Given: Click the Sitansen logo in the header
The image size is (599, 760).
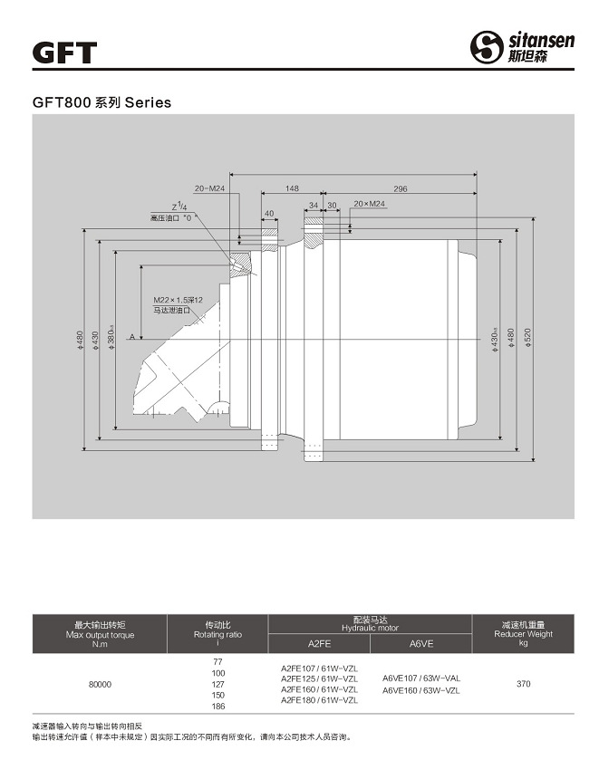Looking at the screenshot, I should (x=521, y=46).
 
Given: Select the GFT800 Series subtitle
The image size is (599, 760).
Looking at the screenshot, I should (x=101, y=102).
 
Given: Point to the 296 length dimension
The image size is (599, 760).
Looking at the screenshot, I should (x=400, y=188).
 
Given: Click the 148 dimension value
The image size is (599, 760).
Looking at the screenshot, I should (x=291, y=188).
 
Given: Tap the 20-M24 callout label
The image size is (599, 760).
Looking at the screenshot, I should (x=209, y=188).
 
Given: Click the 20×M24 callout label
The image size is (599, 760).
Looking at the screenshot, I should (x=369, y=205).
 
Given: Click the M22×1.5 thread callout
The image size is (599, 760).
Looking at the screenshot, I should (x=177, y=299).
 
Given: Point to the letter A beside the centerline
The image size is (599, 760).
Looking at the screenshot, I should (x=132, y=337).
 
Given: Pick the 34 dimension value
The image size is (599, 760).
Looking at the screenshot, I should (x=314, y=205).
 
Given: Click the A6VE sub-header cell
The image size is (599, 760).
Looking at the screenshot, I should (x=421, y=643).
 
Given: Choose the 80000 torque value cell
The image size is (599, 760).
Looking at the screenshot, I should (x=100, y=684).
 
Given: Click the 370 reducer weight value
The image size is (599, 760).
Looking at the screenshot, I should (x=523, y=684).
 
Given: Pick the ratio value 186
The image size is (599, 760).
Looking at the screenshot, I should (x=217, y=706).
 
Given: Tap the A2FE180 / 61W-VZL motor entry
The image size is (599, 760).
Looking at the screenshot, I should (x=320, y=700).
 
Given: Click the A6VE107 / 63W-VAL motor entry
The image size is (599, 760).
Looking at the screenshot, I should (x=421, y=678).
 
